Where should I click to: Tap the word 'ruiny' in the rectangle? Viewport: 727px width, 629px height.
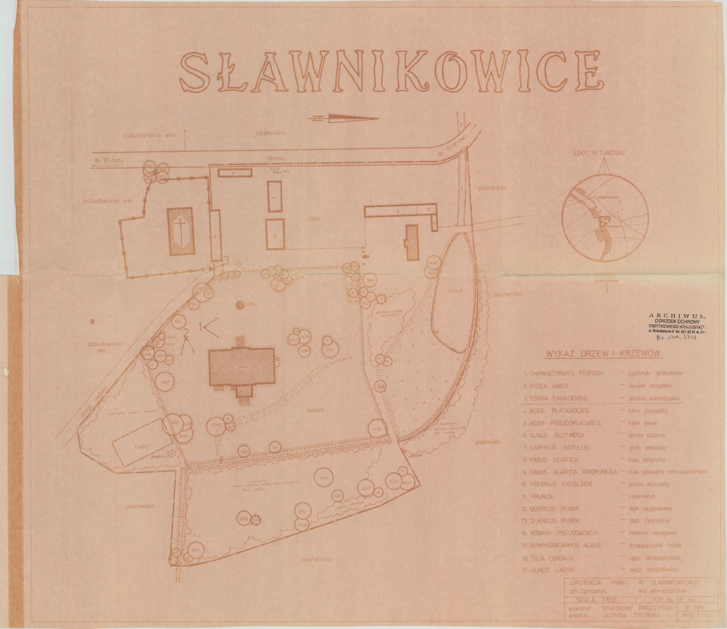coord(142,444)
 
